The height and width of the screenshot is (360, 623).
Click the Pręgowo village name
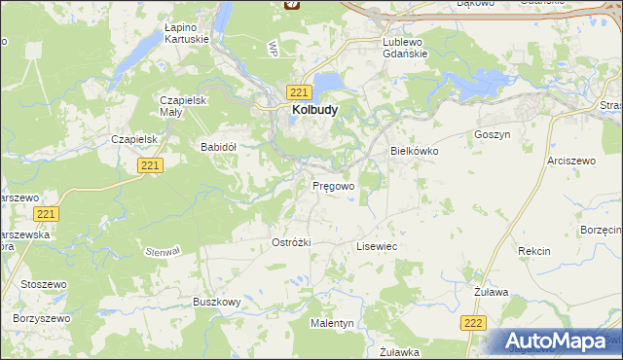pos(333,185)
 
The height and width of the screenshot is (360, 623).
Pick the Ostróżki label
pos(291,242)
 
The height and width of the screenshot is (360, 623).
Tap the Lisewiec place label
pos(377,247)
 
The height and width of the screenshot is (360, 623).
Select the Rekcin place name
pos(534,251)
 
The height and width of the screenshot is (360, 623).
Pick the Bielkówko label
pos(416,152)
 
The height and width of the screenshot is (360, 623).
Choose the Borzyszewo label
pos(43,318)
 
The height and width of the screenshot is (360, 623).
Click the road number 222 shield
pos(473,323)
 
